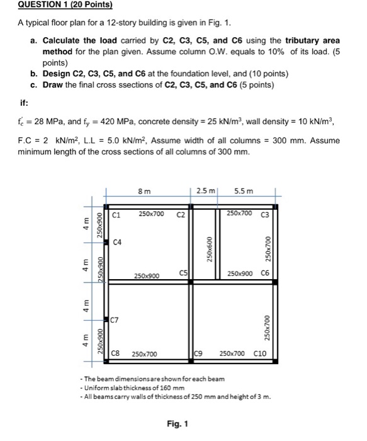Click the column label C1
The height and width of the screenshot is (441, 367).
[x=116, y=215]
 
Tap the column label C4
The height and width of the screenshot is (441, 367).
[x=117, y=242]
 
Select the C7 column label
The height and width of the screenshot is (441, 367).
[x=115, y=320]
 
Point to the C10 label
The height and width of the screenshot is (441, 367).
[x=260, y=353]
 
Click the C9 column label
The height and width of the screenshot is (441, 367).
[x=198, y=353]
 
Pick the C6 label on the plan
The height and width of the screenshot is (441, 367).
[x=265, y=273]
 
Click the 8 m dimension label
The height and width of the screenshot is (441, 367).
[x=144, y=192]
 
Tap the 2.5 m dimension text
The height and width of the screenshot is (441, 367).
[x=206, y=191]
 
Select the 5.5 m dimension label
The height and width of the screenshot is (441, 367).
[x=244, y=192]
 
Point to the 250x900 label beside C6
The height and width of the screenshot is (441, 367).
[x=240, y=273]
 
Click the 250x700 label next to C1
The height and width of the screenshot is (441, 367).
[x=151, y=214]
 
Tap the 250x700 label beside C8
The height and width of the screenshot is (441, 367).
[x=144, y=354]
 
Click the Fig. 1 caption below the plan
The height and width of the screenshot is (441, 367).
[x=178, y=423]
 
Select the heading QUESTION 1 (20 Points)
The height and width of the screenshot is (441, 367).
[x=65, y=4]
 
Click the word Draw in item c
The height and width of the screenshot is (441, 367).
[x=53, y=84]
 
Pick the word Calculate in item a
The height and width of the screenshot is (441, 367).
[x=61, y=40]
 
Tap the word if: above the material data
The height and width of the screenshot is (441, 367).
[x=24, y=103]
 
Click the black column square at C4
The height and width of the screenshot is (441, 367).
[x=106, y=242]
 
